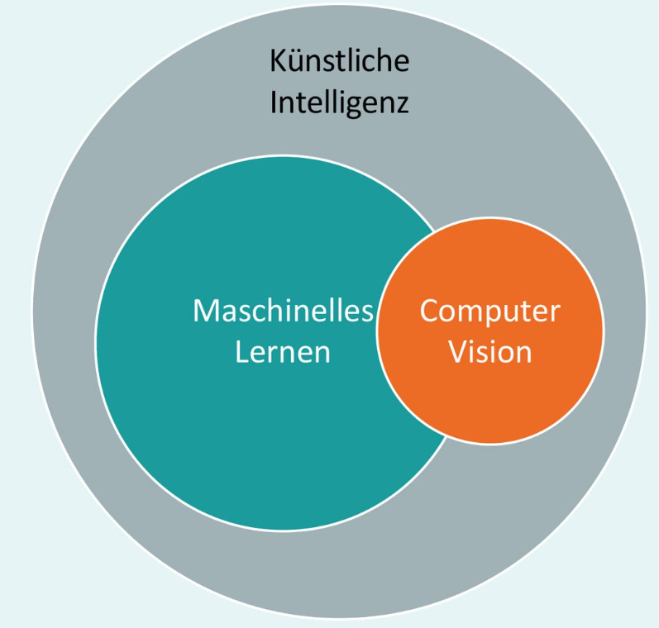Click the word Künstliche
point(339,61)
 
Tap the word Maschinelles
point(283,312)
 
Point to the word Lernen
point(283,352)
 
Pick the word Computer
point(489,312)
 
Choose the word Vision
point(489,352)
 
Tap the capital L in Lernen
point(241,352)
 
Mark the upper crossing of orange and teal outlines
point(435,229)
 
